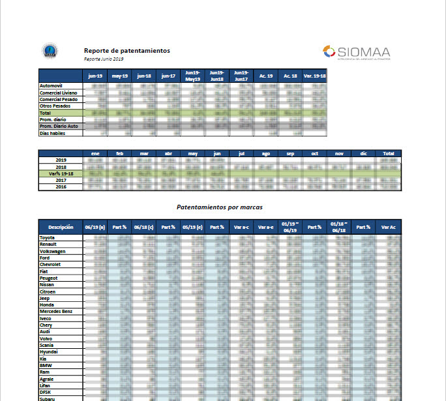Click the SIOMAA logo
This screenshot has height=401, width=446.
[x=356, y=52]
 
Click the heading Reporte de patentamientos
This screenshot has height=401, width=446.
[x=126, y=50]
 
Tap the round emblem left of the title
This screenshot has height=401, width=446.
[x=48, y=51]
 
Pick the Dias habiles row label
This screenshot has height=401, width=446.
[x=53, y=133]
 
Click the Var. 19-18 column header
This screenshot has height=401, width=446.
[x=315, y=76]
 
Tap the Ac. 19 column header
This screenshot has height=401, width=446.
[x=266, y=76]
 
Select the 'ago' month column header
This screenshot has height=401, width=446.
[x=266, y=153]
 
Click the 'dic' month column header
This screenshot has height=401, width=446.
[x=364, y=153]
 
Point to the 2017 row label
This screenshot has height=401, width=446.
[x=61, y=180]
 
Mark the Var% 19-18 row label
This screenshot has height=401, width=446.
[x=61, y=173]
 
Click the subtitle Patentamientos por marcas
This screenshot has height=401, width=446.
[x=218, y=207]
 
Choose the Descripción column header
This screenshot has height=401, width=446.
[x=61, y=227]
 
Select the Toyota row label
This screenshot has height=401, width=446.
[x=49, y=238]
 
